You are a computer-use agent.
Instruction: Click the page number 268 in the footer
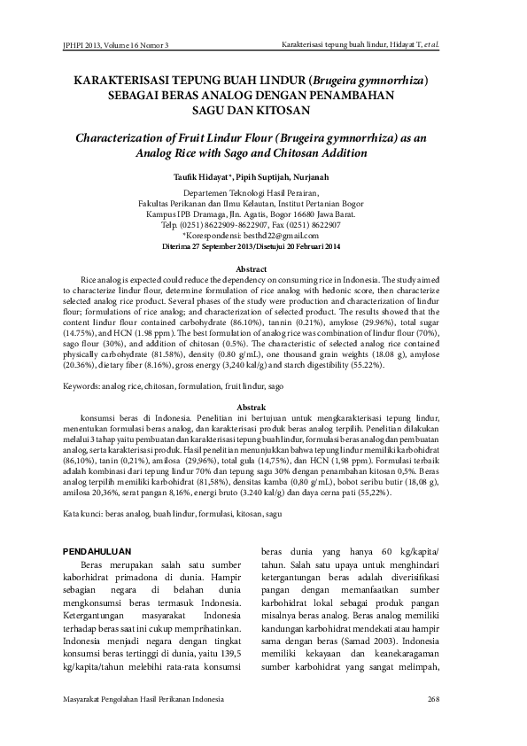(x=432, y=700)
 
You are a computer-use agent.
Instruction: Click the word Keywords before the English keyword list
(x=81, y=386)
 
